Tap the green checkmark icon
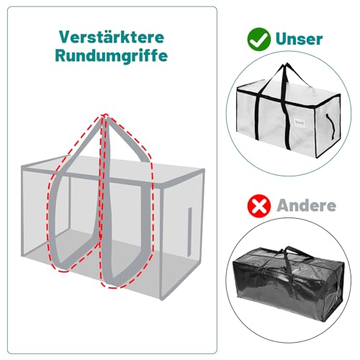pyautogui.click(x=257, y=38)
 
